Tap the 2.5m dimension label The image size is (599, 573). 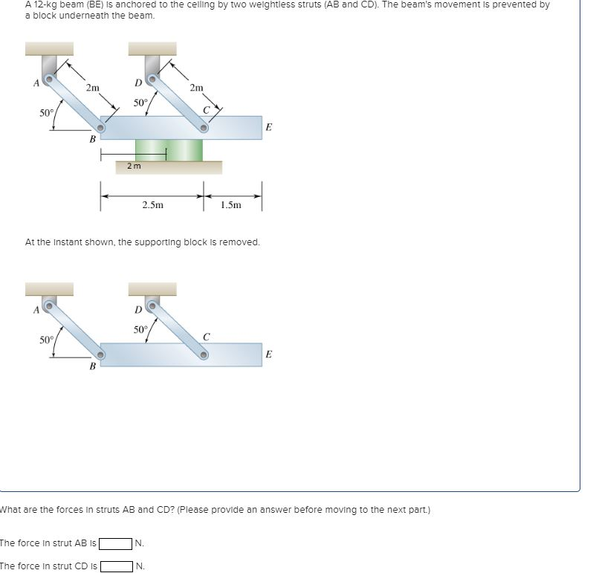[152, 204]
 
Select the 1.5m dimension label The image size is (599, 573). [231, 204]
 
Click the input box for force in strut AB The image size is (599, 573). [117, 543]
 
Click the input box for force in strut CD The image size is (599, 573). [117, 566]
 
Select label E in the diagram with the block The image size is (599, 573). [268, 128]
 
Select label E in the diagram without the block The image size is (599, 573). [268, 355]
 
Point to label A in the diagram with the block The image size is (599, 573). [35, 82]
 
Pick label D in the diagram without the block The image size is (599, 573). [137, 309]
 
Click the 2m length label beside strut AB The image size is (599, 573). [91, 88]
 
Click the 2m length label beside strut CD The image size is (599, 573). [196, 88]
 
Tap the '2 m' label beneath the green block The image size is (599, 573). [132, 166]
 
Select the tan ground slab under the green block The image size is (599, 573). [168, 167]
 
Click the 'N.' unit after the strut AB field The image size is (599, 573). [140, 543]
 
